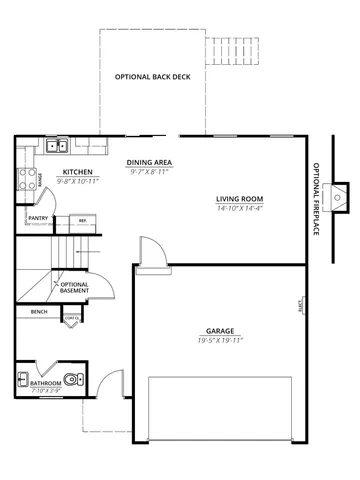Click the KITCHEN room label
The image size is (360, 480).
tap(77, 172)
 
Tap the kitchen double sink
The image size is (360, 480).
tap(58, 147)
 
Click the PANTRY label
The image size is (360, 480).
tap(39, 217)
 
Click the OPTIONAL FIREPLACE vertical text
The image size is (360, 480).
tap(316, 199)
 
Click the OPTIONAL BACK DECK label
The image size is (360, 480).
tap(153, 78)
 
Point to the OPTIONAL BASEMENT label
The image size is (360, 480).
tap(74, 289)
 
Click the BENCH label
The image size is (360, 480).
tap(39, 312)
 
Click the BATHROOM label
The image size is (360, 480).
tap(46, 382)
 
